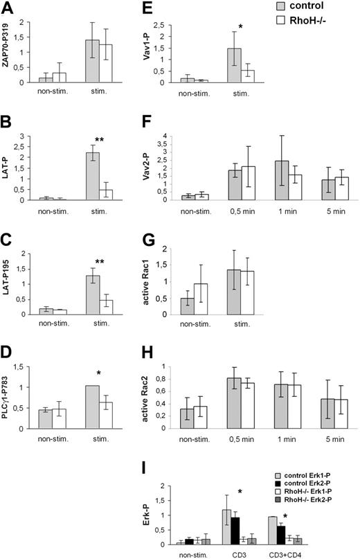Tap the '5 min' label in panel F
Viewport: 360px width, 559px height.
tap(323, 208)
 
